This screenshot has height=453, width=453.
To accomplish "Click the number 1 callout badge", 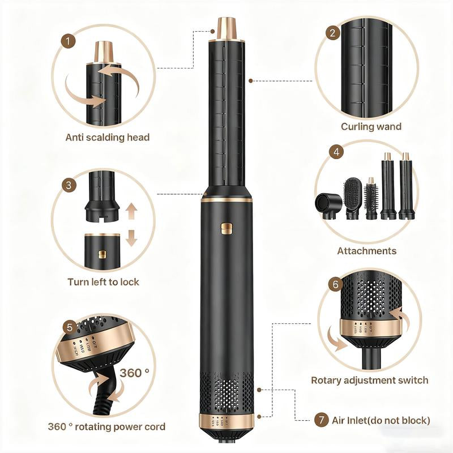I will [x=69, y=41].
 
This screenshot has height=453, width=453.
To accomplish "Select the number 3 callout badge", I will [x=69, y=185].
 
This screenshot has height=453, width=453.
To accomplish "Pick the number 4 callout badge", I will [x=337, y=152].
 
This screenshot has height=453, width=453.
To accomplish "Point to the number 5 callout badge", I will [x=69, y=327].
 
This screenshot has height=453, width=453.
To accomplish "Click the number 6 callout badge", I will [x=335, y=285].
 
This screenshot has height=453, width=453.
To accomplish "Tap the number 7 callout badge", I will [x=321, y=420].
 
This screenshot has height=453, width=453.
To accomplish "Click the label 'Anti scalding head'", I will [x=108, y=138].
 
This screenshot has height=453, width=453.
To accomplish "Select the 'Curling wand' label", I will [x=371, y=126].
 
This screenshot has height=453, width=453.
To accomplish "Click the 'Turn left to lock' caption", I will [x=103, y=281].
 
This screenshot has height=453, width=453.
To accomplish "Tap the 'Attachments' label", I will [x=367, y=251].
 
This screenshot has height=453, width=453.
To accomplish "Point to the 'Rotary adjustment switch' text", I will [x=369, y=380].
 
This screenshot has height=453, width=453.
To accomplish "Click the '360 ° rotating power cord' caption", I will [x=107, y=427].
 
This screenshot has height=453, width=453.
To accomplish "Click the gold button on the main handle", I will [x=228, y=229].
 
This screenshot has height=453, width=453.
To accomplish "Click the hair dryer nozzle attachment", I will [x=327, y=204].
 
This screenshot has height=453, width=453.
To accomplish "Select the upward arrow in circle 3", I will [x=131, y=212].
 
